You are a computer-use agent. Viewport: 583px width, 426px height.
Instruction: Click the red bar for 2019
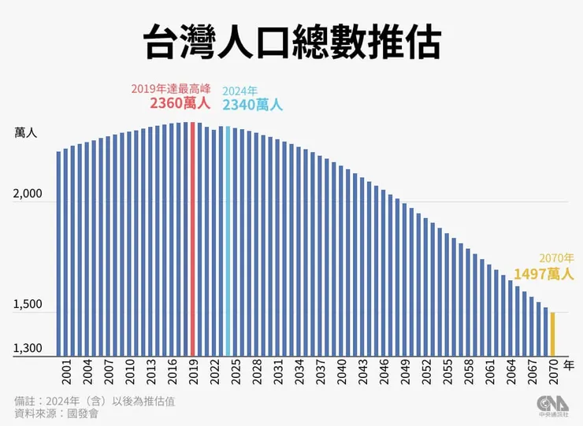[192, 239]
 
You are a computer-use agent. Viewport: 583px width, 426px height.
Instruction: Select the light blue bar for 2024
[228, 241]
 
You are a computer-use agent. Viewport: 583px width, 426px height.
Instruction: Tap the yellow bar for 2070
[552, 334]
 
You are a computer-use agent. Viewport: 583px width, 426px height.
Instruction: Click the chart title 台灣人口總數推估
[292, 42]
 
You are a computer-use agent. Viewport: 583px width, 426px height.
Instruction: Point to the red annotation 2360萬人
[180, 103]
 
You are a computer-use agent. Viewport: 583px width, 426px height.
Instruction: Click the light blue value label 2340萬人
[253, 105]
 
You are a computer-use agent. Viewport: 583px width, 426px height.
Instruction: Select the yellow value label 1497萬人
[544, 274]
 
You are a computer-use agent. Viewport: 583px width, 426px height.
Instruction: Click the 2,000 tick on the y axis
[28, 194]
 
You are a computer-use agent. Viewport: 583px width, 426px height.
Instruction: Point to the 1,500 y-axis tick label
[28, 304]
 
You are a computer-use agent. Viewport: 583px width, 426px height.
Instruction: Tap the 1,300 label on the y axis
[28, 348]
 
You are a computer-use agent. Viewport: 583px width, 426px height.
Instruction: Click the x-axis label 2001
[66, 372]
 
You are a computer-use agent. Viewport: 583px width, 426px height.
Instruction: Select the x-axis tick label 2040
[342, 372]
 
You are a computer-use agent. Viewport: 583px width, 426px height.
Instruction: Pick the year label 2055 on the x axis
[447, 372]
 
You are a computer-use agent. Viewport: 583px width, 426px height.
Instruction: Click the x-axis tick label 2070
[554, 372]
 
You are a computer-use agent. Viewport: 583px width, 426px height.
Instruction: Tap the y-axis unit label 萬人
[26, 132]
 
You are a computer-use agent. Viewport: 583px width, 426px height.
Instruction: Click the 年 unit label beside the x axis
[570, 365]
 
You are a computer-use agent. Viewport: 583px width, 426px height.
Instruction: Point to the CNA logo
[552, 406]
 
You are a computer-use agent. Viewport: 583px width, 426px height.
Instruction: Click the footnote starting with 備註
[95, 402]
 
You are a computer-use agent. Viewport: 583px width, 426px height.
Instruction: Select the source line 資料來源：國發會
[56, 413]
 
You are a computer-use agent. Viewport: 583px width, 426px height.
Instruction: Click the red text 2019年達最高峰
[171, 89]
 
